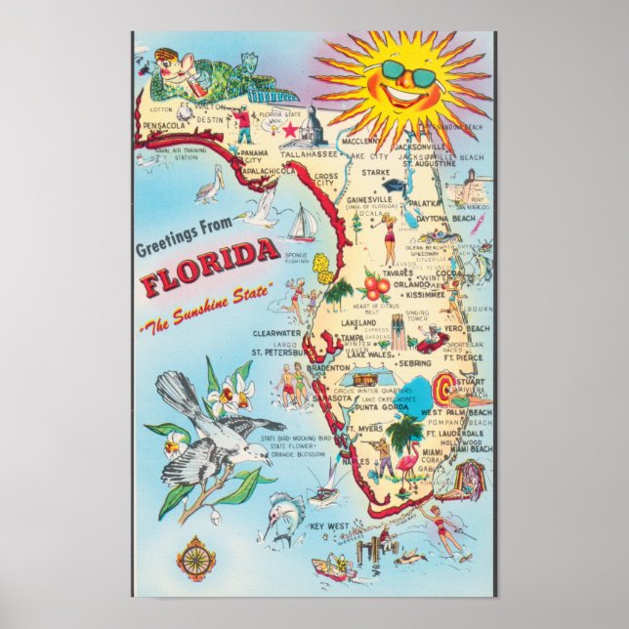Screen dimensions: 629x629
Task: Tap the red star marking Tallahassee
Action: [x=290, y=128]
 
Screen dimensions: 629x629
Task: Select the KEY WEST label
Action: [x=329, y=528]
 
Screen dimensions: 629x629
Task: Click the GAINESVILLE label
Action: [x=369, y=198]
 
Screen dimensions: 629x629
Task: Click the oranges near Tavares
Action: [x=376, y=285]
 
